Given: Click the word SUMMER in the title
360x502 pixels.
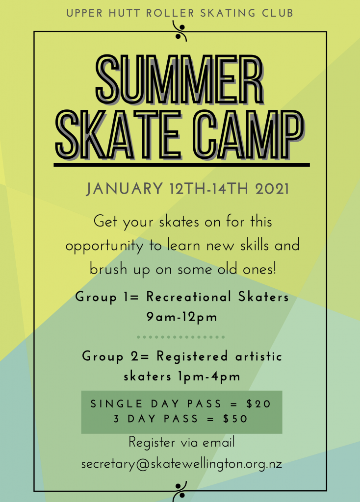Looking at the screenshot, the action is [180, 79].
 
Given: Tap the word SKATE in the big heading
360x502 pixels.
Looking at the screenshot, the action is [119, 135].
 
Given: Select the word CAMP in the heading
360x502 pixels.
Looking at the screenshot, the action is [248, 135].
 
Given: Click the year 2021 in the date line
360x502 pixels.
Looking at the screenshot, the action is [272, 189].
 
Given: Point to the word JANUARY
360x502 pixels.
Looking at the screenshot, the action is [125, 189].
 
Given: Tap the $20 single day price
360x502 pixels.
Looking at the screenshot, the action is [259, 404].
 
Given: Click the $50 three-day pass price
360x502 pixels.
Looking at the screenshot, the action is [235, 419].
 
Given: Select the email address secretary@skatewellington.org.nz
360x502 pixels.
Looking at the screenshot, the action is [181, 464].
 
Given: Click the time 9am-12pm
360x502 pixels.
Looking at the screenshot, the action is [182, 317].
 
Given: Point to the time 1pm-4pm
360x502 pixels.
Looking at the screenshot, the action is [209, 376].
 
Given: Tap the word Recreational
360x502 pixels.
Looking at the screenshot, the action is [189, 297].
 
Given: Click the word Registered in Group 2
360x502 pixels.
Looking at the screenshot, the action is [192, 357].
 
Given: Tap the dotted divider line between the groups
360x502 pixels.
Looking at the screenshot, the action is [180, 337].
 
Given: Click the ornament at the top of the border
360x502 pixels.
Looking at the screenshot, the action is [180, 31].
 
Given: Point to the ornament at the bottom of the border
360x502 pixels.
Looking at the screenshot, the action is [180, 491].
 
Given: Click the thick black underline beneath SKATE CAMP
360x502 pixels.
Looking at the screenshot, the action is [181, 165].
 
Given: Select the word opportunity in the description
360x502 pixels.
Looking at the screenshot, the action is [104, 247].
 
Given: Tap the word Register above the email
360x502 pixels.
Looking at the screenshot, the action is [152, 443].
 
